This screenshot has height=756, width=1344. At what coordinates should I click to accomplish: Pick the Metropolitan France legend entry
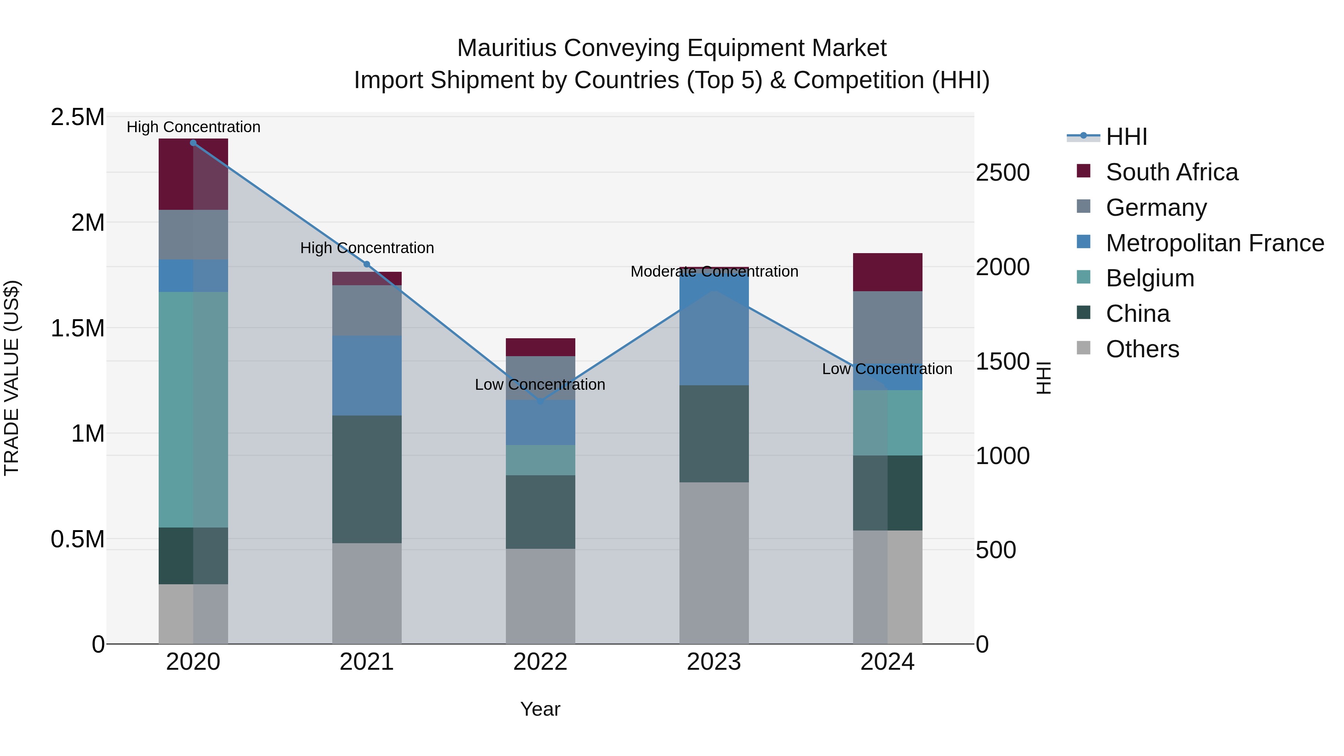coord(1214,243)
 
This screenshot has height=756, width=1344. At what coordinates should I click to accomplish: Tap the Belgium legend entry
coord(1149,278)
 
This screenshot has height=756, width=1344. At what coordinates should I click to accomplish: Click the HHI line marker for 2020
coord(193,143)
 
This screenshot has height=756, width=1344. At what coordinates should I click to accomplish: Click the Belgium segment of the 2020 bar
coord(193,410)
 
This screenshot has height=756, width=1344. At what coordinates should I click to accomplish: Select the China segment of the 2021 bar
coord(367,479)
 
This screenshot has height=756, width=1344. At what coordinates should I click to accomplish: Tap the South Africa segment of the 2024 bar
coord(887,272)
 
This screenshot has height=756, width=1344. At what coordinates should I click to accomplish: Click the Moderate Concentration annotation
coord(714,272)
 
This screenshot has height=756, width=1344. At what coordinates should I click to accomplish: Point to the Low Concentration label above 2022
coord(540,385)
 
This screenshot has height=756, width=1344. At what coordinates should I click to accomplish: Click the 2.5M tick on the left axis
coord(77,117)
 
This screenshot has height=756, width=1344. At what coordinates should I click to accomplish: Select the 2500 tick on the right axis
coord(1002,173)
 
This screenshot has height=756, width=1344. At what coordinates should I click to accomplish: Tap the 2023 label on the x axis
coord(714,662)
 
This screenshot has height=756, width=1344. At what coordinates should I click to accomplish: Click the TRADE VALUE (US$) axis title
coord(12,378)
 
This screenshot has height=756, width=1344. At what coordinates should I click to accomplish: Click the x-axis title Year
coord(540,709)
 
